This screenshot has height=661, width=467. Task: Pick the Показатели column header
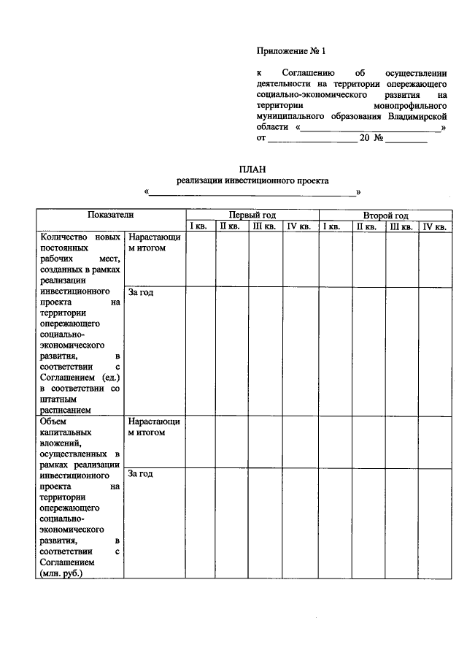(x=111, y=215)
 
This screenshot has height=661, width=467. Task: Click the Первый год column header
(x=252, y=215)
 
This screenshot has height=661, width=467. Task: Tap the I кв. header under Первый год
(x=199, y=226)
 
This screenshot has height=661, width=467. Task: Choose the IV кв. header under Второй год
(x=435, y=226)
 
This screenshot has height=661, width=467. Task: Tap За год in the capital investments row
(x=140, y=474)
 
